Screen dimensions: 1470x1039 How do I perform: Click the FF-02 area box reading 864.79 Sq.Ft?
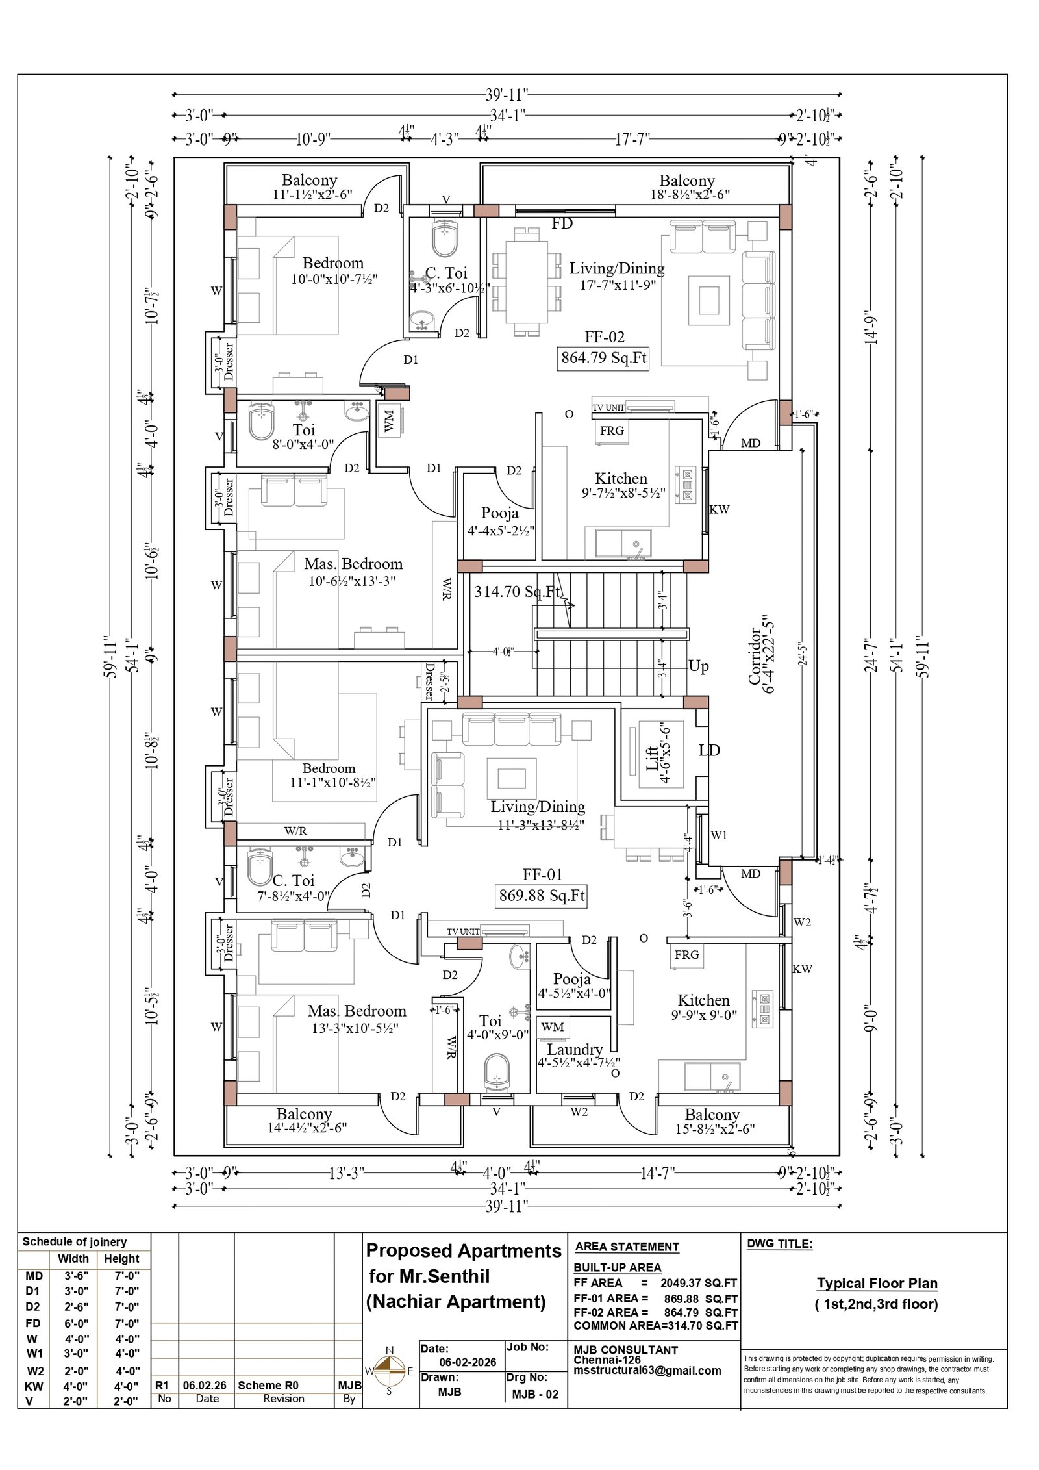(603, 358)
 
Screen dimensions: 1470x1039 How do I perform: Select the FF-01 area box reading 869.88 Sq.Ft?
(541, 896)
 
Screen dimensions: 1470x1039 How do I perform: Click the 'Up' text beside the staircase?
(698, 666)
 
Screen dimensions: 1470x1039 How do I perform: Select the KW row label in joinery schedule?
(34, 1386)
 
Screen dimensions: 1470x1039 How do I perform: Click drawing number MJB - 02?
(534, 1394)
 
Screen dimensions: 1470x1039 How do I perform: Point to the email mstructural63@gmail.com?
(647, 1371)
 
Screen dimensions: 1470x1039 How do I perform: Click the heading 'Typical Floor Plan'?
(877, 1284)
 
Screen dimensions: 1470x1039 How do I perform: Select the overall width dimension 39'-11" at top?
(507, 95)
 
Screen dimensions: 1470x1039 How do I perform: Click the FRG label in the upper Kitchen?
(612, 431)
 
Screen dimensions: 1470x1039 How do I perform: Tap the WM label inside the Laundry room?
(552, 1027)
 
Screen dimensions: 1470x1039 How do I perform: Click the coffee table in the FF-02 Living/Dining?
(708, 300)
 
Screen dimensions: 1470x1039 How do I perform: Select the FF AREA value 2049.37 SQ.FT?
(699, 1283)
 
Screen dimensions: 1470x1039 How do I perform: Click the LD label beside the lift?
(709, 750)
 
